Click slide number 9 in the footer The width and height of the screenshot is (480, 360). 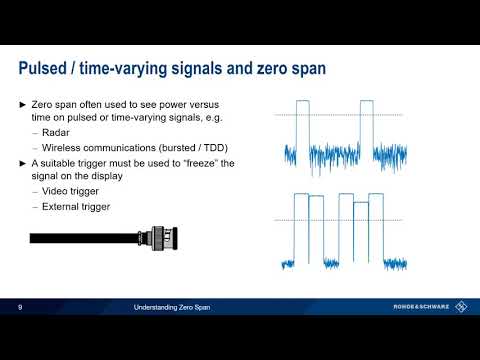(21, 307)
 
